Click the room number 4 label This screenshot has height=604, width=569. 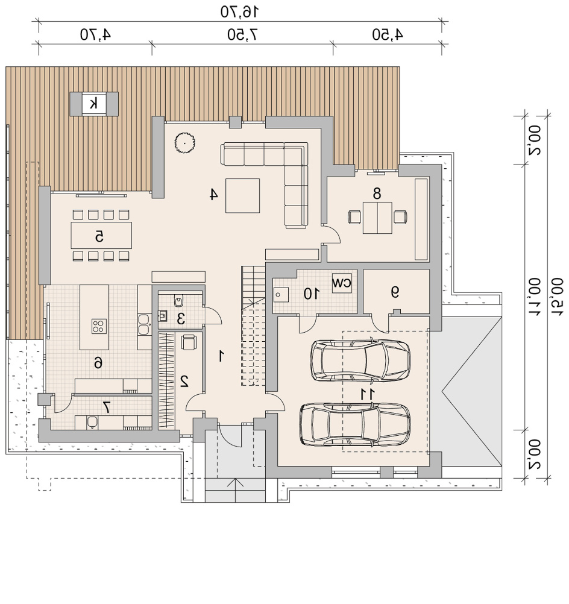(213, 194)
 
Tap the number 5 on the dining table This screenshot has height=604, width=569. (99, 236)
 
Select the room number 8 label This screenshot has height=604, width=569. (377, 193)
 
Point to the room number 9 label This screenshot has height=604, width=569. (395, 292)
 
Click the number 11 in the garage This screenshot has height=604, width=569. (368, 394)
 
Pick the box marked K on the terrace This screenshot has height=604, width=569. (93, 104)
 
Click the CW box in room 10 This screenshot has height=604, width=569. (342, 283)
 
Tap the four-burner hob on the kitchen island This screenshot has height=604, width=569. (99, 326)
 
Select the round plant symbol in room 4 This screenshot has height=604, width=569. (184, 142)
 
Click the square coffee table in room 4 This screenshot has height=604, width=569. (243, 196)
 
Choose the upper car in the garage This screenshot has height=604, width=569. (360, 361)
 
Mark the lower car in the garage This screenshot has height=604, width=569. (355, 424)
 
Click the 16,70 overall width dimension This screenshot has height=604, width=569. (239, 12)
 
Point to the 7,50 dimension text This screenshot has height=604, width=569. (242, 35)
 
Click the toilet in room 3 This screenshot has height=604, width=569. (178, 301)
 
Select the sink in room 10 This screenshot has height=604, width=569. (280, 295)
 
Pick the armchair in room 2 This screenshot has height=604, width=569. (189, 342)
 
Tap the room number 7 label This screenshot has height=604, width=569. (106, 407)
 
